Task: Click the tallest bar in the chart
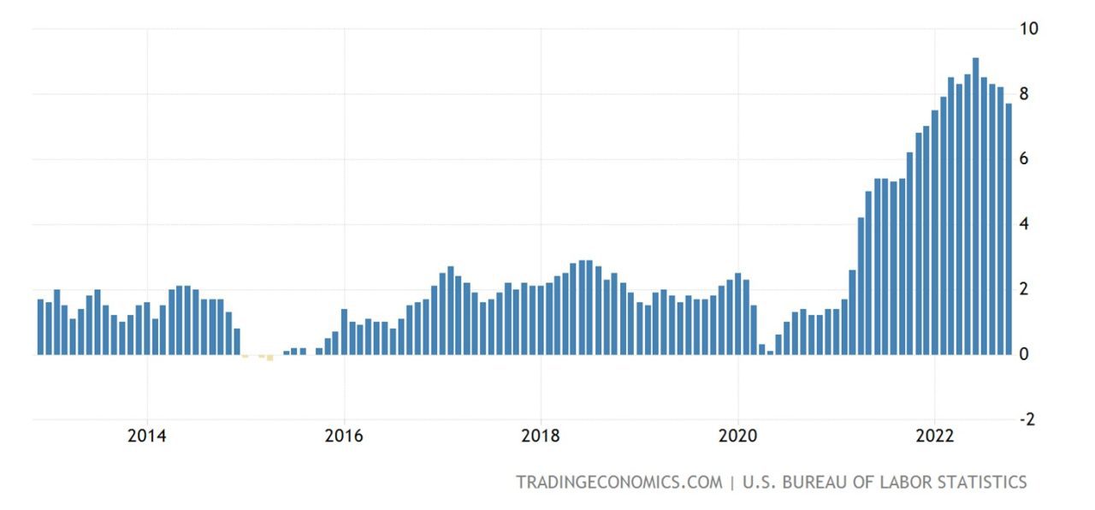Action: pyautogui.click(x=975, y=205)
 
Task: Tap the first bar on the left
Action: pyautogui.click(x=40, y=326)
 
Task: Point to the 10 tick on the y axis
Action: pyautogui.click(x=1028, y=28)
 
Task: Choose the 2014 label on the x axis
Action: pyautogui.click(x=147, y=436)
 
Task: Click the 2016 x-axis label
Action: pyautogui.click(x=344, y=436)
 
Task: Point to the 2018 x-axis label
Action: pyautogui.click(x=541, y=436)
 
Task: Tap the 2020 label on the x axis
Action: pyautogui.click(x=737, y=436)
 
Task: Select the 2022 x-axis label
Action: pyautogui.click(x=934, y=436)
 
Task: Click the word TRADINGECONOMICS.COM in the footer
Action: pyautogui.click(x=619, y=483)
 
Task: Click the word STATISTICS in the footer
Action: pyautogui.click(x=974, y=483)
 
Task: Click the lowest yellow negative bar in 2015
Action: pyautogui.click(x=269, y=358)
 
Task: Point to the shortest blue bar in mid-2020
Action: pyautogui.click(x=770, y=352)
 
